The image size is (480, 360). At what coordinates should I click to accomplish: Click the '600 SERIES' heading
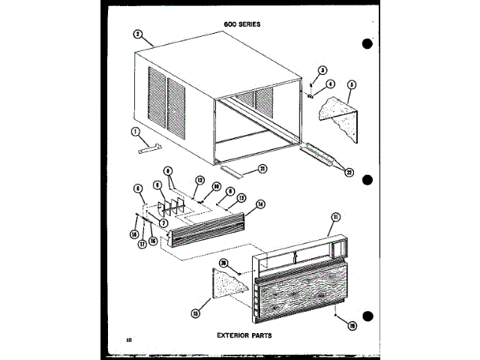(x=241, y=24)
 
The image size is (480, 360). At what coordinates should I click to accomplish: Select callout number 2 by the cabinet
(x=138, y=34)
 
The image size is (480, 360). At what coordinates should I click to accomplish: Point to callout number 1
(x=136, y=133)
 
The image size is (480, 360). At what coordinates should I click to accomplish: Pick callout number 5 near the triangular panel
(x=351, y=85)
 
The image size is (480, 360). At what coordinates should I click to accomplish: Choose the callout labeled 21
(x=262, y=167)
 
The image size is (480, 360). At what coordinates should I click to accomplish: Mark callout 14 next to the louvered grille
(x=259, y=203)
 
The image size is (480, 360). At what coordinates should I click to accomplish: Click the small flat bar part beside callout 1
(x=147, y=148)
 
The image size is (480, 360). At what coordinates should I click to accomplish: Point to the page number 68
(x=129, y=342)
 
